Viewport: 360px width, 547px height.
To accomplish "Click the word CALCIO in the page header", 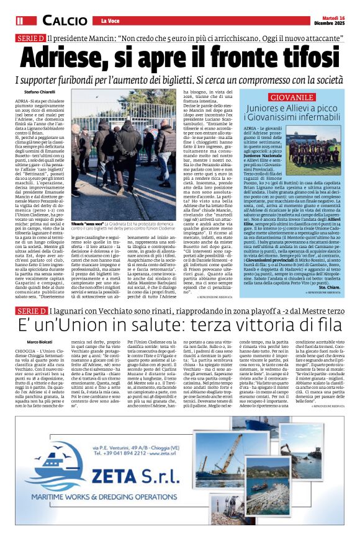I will click(65, 22).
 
